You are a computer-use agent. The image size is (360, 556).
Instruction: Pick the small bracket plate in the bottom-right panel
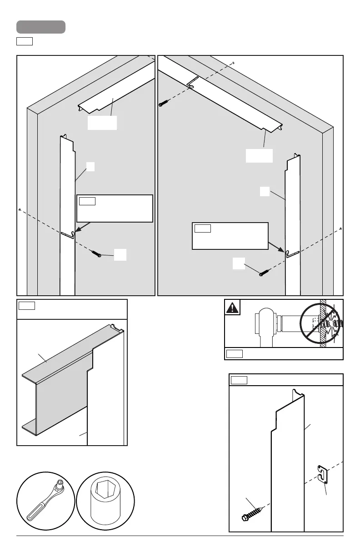point(322,474)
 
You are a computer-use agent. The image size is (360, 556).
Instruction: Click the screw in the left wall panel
point(96,253)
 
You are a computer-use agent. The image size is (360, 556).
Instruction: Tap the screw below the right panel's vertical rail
point(265,273)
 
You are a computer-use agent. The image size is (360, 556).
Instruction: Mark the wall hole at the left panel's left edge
point(20,210)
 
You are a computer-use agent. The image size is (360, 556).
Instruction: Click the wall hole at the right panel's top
point(233,63)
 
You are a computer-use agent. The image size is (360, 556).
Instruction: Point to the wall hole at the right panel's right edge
point(340,228)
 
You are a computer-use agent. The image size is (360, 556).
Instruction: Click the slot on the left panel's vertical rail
point(67,235)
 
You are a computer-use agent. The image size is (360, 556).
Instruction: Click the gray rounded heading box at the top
point(41,27)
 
